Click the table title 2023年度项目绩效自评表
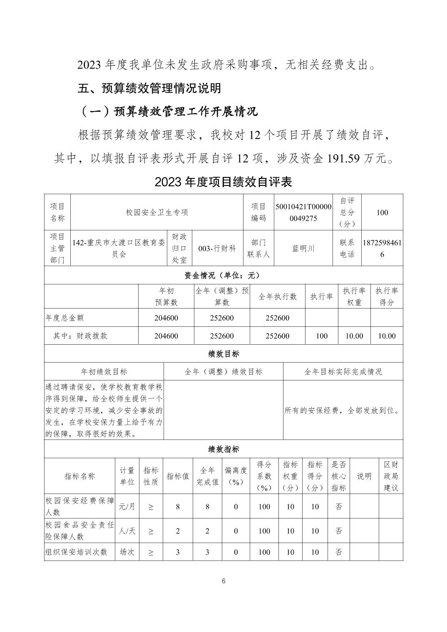[223, 182]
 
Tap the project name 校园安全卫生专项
[157, 212]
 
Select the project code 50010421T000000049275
[303, 212]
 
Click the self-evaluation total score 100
[382, 212]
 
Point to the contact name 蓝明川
[303, 248]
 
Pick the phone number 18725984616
[382, 248]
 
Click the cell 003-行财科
[217, 248]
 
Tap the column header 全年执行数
[278, 296]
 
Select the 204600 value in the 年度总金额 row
[166, 318]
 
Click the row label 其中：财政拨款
[80, 336]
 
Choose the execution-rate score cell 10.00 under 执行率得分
[386, 336]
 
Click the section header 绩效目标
[223, 354]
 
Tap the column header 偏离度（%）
[236, 476]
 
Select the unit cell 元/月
[127, 506]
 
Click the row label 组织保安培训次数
[76, 552]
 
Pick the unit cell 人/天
[127, 531]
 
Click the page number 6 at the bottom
[223, 581]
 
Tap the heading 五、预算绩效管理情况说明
[149, 88]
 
